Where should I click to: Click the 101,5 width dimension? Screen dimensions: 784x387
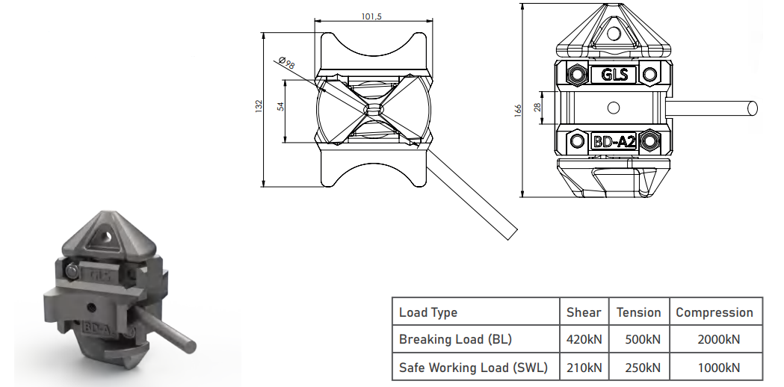click(x=371, y=16)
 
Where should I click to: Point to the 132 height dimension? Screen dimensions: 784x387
click(x=259, y=106)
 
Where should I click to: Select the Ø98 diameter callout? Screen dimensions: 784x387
click(x=286, y=63)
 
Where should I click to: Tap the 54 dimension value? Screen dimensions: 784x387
click(x=280, y=106)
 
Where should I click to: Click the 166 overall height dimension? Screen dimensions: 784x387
click(x=518, y=110)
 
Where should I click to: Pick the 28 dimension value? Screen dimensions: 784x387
click(x=538, y=107)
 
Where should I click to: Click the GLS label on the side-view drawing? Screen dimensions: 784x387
click(x=614, y=75)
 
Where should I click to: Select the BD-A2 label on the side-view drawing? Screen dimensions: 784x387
click(x=614, y=142)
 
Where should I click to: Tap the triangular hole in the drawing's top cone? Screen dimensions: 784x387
click(x=614, y=33)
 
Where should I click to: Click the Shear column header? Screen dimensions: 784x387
click(x=584, y=312)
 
